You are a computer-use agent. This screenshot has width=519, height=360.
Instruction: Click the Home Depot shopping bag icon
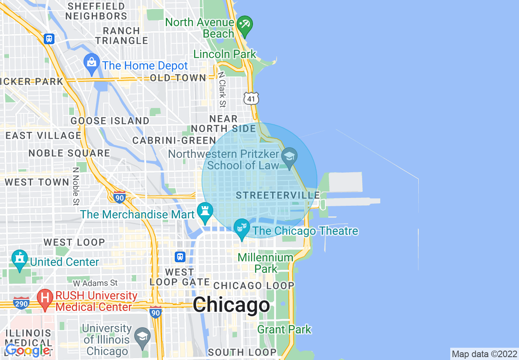(x=92, y=63)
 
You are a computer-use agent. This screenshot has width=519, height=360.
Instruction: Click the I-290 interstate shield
(x=21, y=303)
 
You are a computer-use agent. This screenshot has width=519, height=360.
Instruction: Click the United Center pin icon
(x=19, y=259)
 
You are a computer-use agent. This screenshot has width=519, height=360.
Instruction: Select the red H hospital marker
(x=45, y=298)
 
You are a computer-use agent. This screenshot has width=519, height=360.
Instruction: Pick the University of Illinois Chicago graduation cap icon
(x=142, y=336)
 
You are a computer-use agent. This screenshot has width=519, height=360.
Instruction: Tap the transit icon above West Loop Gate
(x=180, y=257)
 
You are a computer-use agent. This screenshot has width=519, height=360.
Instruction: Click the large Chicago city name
(x=231, y=305)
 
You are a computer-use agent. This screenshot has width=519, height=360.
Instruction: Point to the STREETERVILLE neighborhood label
(x=278, y=195)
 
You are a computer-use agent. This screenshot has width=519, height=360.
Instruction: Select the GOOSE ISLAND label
(x=110, y=121)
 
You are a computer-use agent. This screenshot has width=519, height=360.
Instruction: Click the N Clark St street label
(x=222, y=90)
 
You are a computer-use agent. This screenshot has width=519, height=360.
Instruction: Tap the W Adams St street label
(x=95, y=283)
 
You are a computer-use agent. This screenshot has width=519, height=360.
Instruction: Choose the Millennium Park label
(x=266, y=263)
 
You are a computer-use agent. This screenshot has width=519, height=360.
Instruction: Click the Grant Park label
(x=284, y=329)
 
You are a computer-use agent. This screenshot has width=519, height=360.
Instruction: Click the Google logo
(x=28, y=350)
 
